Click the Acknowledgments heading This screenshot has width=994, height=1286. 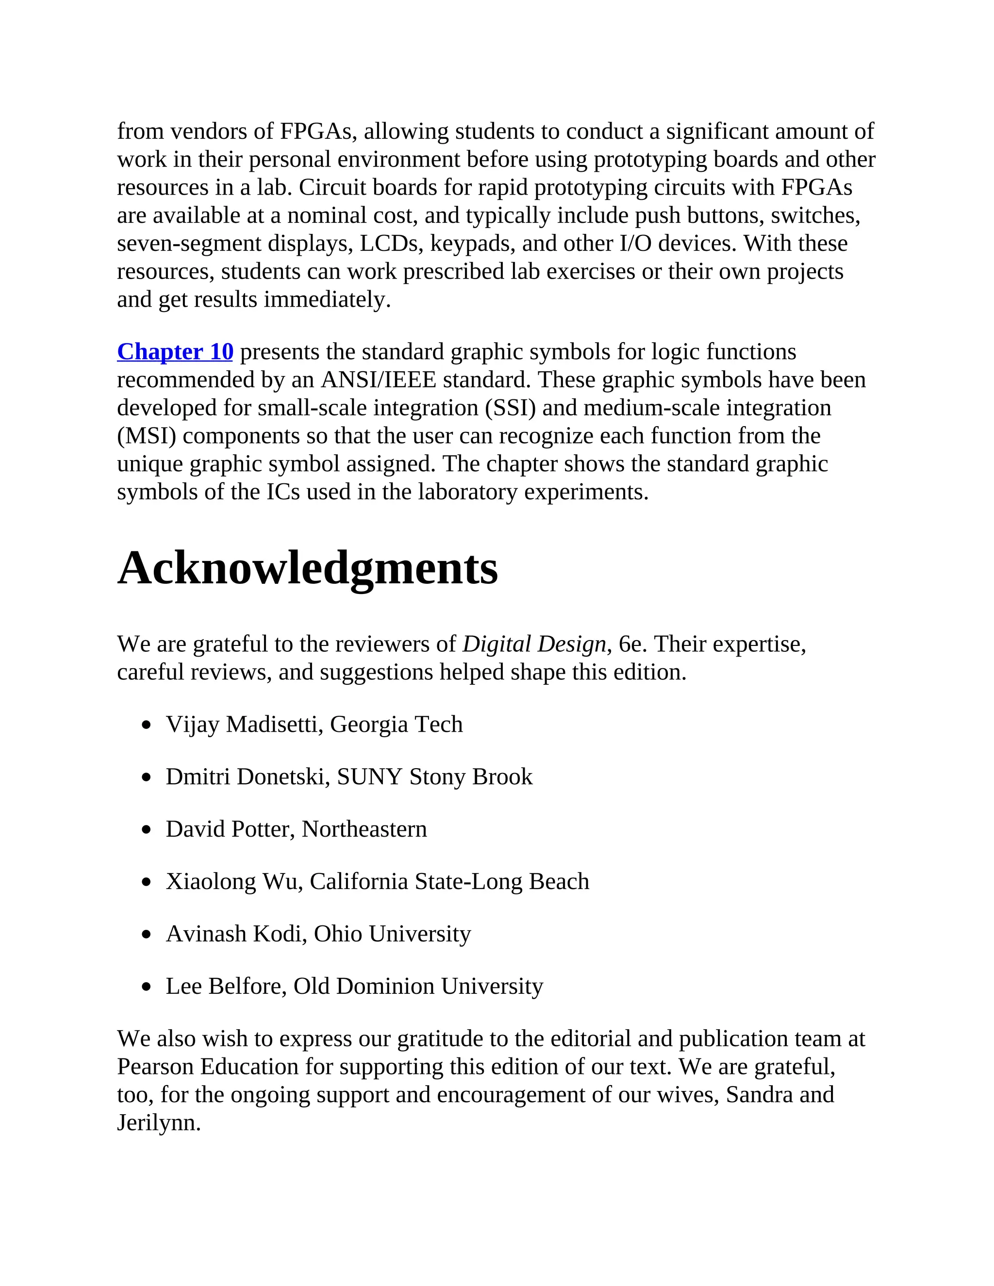point(307,568)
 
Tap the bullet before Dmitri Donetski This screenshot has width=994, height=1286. point(147,778)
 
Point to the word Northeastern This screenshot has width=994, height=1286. point(364,829)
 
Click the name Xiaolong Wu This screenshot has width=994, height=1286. point(232,881)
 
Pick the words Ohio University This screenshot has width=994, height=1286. point(392,934)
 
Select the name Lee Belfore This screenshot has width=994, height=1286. point(226,986)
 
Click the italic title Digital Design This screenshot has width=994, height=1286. point(533,644)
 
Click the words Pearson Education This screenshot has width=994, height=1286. point(207,1067)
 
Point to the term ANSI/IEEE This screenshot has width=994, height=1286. point(378,380)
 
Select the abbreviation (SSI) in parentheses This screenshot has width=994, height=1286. point(510,408)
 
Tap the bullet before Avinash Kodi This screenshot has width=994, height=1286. point(147,935)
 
